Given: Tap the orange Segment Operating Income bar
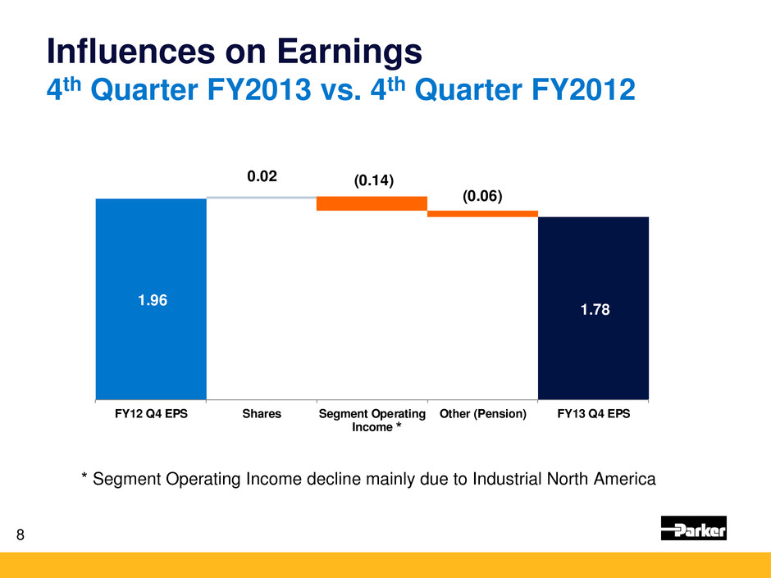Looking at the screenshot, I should [372, 203].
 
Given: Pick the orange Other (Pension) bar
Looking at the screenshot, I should [482, 214].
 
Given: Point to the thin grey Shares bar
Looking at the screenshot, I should [261, 198].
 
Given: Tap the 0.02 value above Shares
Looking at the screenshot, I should [262, 176].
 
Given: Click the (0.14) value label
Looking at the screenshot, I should [374, 181].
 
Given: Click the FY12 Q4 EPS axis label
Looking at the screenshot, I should [151, 414].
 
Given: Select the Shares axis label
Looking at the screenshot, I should [262, 414].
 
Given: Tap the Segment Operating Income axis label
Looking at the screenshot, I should [372, 421].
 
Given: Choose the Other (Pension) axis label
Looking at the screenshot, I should [482, 414].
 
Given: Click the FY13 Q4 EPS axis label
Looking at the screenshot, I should [593, 414].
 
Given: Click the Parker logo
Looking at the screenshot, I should [693, 529].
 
